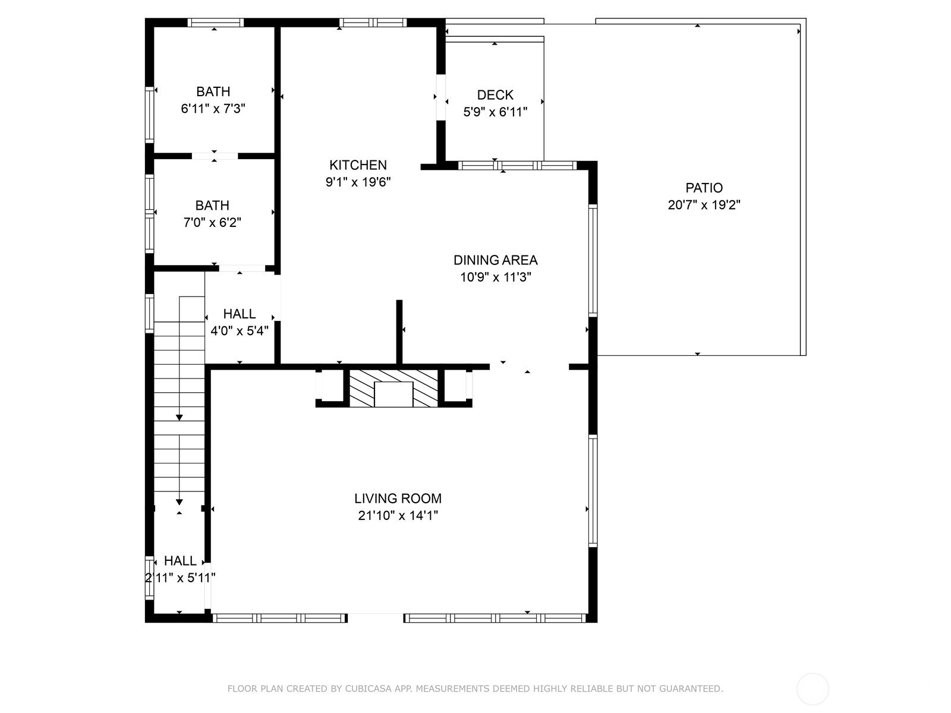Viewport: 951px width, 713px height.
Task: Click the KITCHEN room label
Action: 358,165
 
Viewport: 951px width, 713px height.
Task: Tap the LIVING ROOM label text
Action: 398,499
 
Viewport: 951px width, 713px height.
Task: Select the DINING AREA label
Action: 495,260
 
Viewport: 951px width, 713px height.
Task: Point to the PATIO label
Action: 704,188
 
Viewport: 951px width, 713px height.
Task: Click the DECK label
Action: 495,95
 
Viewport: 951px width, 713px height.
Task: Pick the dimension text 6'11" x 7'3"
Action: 213,109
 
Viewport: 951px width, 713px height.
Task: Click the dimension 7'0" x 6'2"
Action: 212,222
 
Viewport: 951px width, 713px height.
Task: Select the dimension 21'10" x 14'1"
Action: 398,516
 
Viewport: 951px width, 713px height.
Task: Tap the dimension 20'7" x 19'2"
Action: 704,205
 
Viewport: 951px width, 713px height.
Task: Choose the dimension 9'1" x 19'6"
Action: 358,182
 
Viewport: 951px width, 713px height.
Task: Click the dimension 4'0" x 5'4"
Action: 240,331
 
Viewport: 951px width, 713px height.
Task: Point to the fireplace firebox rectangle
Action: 393,395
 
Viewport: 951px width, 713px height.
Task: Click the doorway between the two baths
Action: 215,156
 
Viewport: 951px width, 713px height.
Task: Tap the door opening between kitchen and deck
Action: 440,97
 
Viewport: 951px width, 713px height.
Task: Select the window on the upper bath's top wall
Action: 215,23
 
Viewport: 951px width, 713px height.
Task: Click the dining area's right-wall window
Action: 593,261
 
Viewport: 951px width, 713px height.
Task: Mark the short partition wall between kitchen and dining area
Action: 399,332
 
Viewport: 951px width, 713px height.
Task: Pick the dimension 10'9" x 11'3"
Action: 495,277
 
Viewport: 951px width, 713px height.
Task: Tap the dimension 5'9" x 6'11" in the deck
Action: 495,112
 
